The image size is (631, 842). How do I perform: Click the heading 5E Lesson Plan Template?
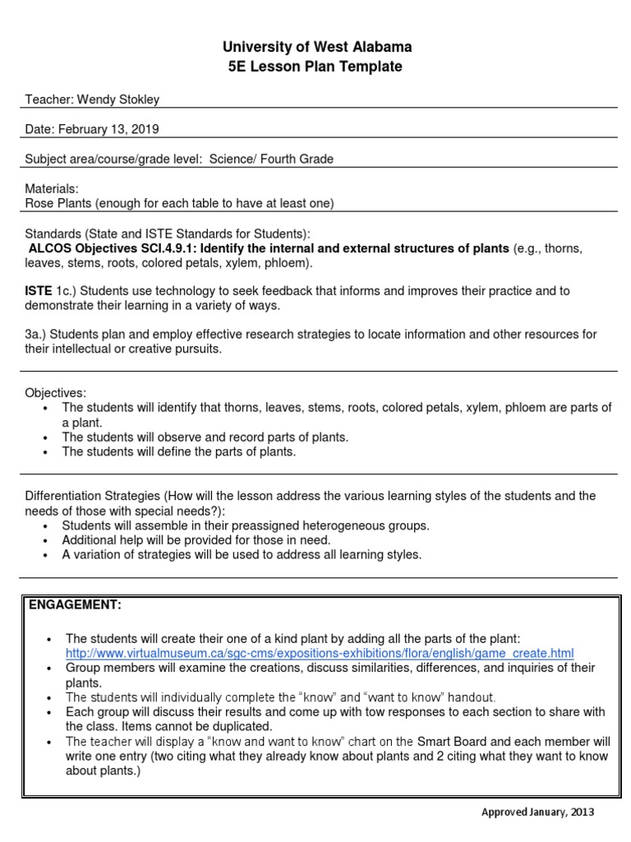315,67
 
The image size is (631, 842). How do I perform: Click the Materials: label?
52,189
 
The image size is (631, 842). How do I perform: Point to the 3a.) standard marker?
36,335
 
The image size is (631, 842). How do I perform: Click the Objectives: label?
55,393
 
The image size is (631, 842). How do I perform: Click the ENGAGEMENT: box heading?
75,605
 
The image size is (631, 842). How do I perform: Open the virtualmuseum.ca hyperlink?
319,653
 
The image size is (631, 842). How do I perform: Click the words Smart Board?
451,742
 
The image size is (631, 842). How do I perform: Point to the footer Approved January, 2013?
537,812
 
